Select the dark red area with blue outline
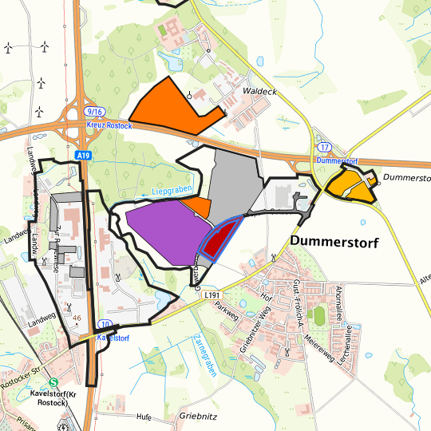point(222,238)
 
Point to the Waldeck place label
point(261,92)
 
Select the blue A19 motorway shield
point(83,155)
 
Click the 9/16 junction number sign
point(96,113)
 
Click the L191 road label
point(212,295)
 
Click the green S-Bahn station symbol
point(53,382)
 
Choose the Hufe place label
point(144,417)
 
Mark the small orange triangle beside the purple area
point(200,208)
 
